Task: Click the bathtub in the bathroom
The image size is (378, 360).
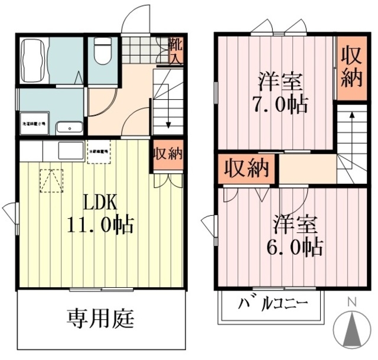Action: [x=34, y=61]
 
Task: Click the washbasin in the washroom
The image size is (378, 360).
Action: [x=69, y=127]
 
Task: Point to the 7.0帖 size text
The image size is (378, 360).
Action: [x=281, y=105]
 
